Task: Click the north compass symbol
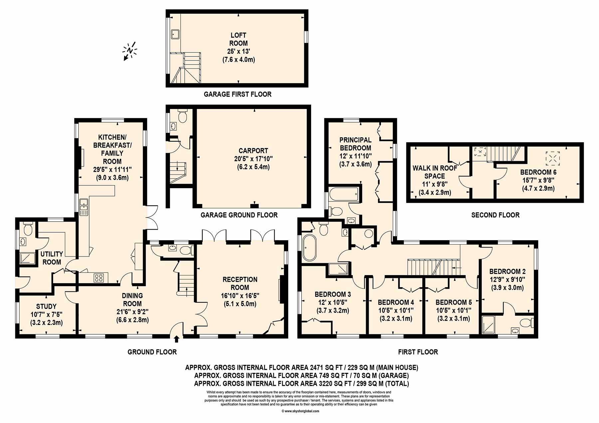pos(130,51)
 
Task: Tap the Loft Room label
pos(239,39)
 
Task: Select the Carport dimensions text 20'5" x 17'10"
pos(253,159)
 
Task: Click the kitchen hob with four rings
pos(99,277)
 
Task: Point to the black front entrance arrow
pos(176,339)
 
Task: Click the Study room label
pos(46,306)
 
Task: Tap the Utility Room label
pos(52,258)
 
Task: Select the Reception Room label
pos(240,283)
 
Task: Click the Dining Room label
pos(132,300)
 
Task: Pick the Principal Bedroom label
pos(355,144)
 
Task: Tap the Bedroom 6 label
pos(538,172)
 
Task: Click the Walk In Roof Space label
pos(435,172)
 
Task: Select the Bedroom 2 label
pos(507,271)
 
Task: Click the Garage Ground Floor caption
pos(239,215)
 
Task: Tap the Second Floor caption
pos(496,215)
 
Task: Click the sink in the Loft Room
pos(175,34)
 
